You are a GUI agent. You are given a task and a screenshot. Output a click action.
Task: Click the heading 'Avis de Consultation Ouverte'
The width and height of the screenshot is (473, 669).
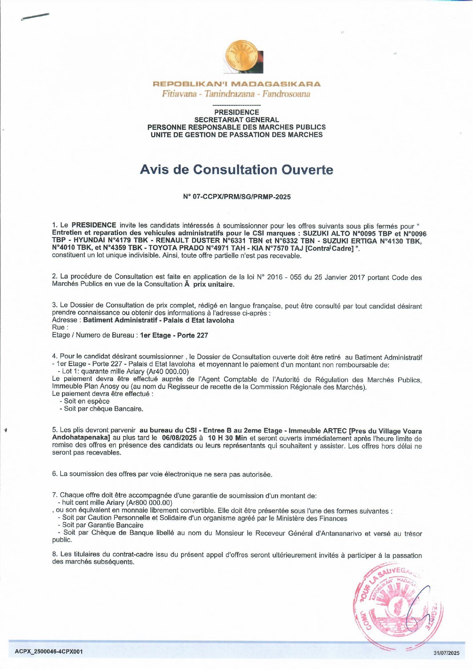237,170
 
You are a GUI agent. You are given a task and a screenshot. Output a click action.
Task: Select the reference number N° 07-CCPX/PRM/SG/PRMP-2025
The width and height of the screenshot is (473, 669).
237,197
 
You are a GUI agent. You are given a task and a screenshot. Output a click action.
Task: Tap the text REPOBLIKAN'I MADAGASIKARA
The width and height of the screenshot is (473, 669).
237,84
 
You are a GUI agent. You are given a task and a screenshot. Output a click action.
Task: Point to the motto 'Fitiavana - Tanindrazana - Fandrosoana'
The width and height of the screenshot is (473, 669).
236,94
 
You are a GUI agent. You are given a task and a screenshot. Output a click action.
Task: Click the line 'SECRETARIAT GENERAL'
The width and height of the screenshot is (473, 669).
237,120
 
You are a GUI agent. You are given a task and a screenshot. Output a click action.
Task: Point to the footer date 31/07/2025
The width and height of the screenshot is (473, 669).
446,653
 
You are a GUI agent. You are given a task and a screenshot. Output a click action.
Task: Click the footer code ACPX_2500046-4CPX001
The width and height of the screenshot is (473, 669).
49,651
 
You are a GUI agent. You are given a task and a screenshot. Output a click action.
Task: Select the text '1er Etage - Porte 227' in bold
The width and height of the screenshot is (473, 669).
174,335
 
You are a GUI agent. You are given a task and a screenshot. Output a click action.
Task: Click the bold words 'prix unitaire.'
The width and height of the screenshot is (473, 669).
214,284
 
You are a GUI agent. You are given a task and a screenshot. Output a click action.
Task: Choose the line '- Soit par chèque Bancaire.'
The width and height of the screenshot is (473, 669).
101,409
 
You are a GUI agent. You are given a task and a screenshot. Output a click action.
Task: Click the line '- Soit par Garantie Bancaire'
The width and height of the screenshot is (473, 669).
100,525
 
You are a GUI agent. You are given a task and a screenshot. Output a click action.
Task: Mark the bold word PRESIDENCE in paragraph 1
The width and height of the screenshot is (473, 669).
94,225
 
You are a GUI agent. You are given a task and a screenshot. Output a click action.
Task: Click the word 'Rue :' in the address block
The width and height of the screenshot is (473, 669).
60,327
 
